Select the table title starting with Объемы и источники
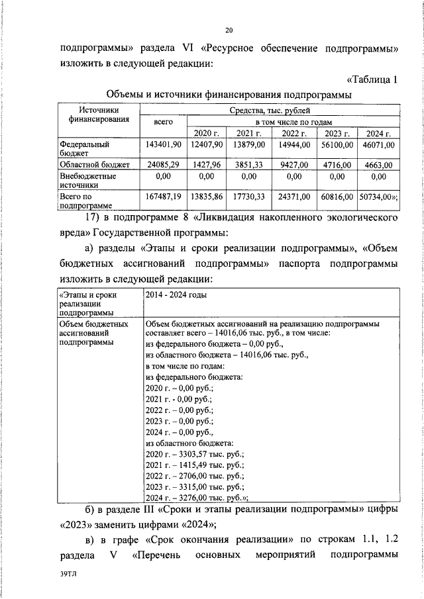(229, 96)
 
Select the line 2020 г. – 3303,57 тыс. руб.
(195, 453)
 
